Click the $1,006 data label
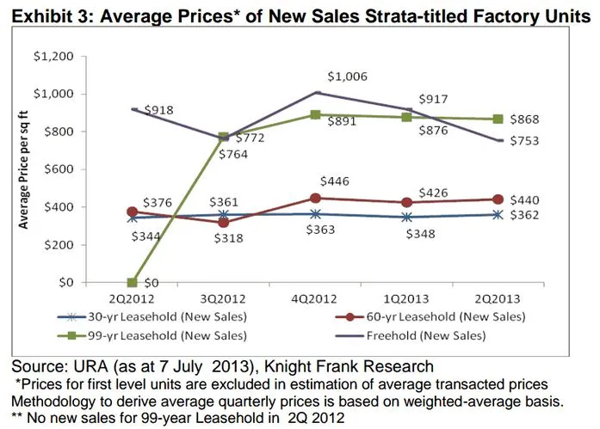pos(350,77)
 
